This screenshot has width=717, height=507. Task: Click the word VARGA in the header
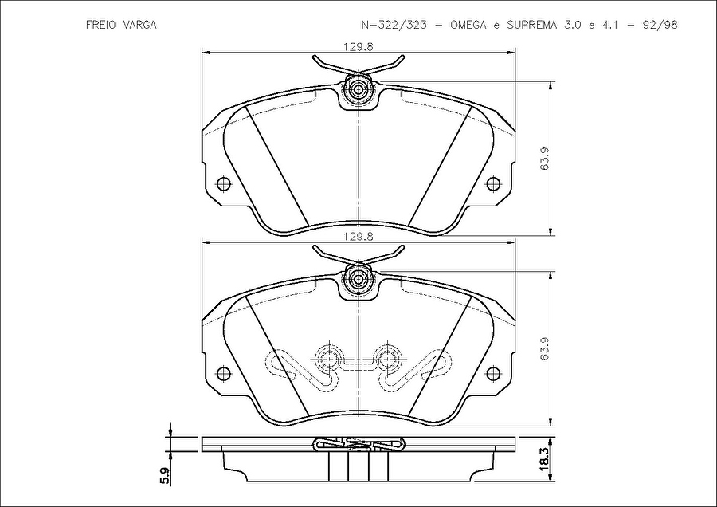(139, 25)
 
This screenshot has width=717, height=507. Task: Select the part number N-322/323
(394, 25)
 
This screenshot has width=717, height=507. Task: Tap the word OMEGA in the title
(468, 25)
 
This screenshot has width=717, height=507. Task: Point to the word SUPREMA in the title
(532, 25)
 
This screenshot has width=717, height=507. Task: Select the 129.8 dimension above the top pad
(358, 46)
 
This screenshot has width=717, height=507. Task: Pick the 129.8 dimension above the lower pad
(358, 237)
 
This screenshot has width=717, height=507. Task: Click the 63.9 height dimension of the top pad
(545, 159)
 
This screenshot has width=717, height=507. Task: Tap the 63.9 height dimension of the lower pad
(545, 348)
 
